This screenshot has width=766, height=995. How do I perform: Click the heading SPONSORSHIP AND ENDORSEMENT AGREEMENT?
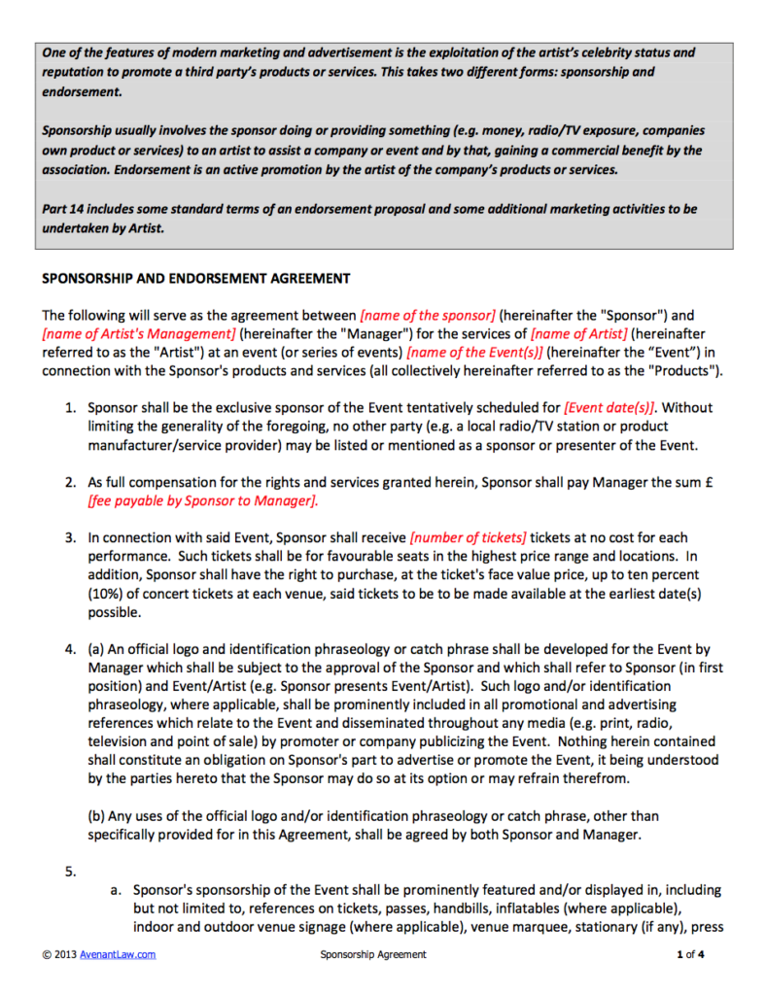click(195, 279)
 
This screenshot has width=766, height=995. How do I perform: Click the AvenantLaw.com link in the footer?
click(118, 955)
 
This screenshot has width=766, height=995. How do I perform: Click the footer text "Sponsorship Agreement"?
click(373, 955)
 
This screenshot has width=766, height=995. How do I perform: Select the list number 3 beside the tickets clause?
click(70, 537)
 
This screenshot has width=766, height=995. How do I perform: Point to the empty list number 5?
click(70, 872)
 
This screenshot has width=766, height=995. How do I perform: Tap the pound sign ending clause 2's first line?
click(713, 483)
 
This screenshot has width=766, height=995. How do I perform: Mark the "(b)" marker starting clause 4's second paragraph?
click(98, 816)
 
